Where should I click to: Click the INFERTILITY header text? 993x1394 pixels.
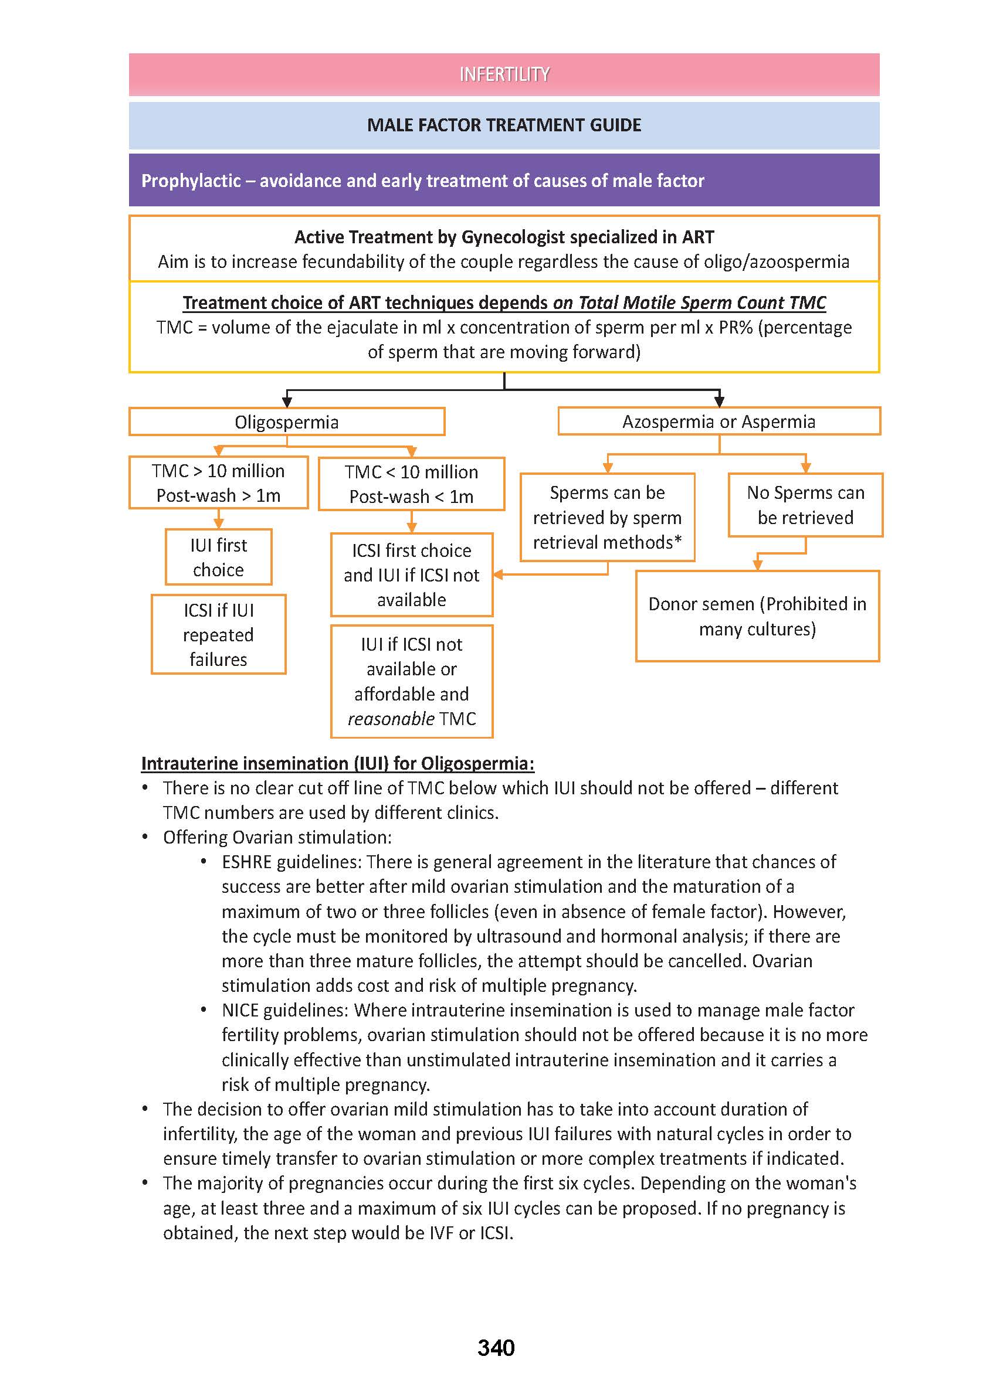click(x=504, y=74)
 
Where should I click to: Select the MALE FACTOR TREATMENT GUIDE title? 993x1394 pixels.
click(x=504, y=125)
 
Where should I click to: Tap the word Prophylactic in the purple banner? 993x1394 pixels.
click(x=191, y=181)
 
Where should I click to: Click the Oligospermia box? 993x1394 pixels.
click(x=286, y=421)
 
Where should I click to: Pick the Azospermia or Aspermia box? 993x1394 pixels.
click(x=719, y=421)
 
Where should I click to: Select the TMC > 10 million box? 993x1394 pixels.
click(x=218, y=483)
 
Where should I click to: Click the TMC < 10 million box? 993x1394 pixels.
click(x=411, y=484)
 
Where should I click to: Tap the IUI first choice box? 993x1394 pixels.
click(x=218, y=557)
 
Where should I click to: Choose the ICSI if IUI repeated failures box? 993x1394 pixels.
click(x=218, y=634)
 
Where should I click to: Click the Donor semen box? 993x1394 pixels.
click(x=757, y=616)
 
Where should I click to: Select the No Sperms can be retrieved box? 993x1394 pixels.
click(x=805, y=505)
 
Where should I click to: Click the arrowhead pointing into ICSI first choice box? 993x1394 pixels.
click(x=499, y=574)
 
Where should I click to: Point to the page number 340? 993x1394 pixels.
click(x=496, y=1348)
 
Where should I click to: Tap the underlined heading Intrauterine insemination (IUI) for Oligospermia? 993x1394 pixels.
click(x=337, y=763)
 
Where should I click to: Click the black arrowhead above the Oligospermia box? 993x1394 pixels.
click(x=287, y=402)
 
